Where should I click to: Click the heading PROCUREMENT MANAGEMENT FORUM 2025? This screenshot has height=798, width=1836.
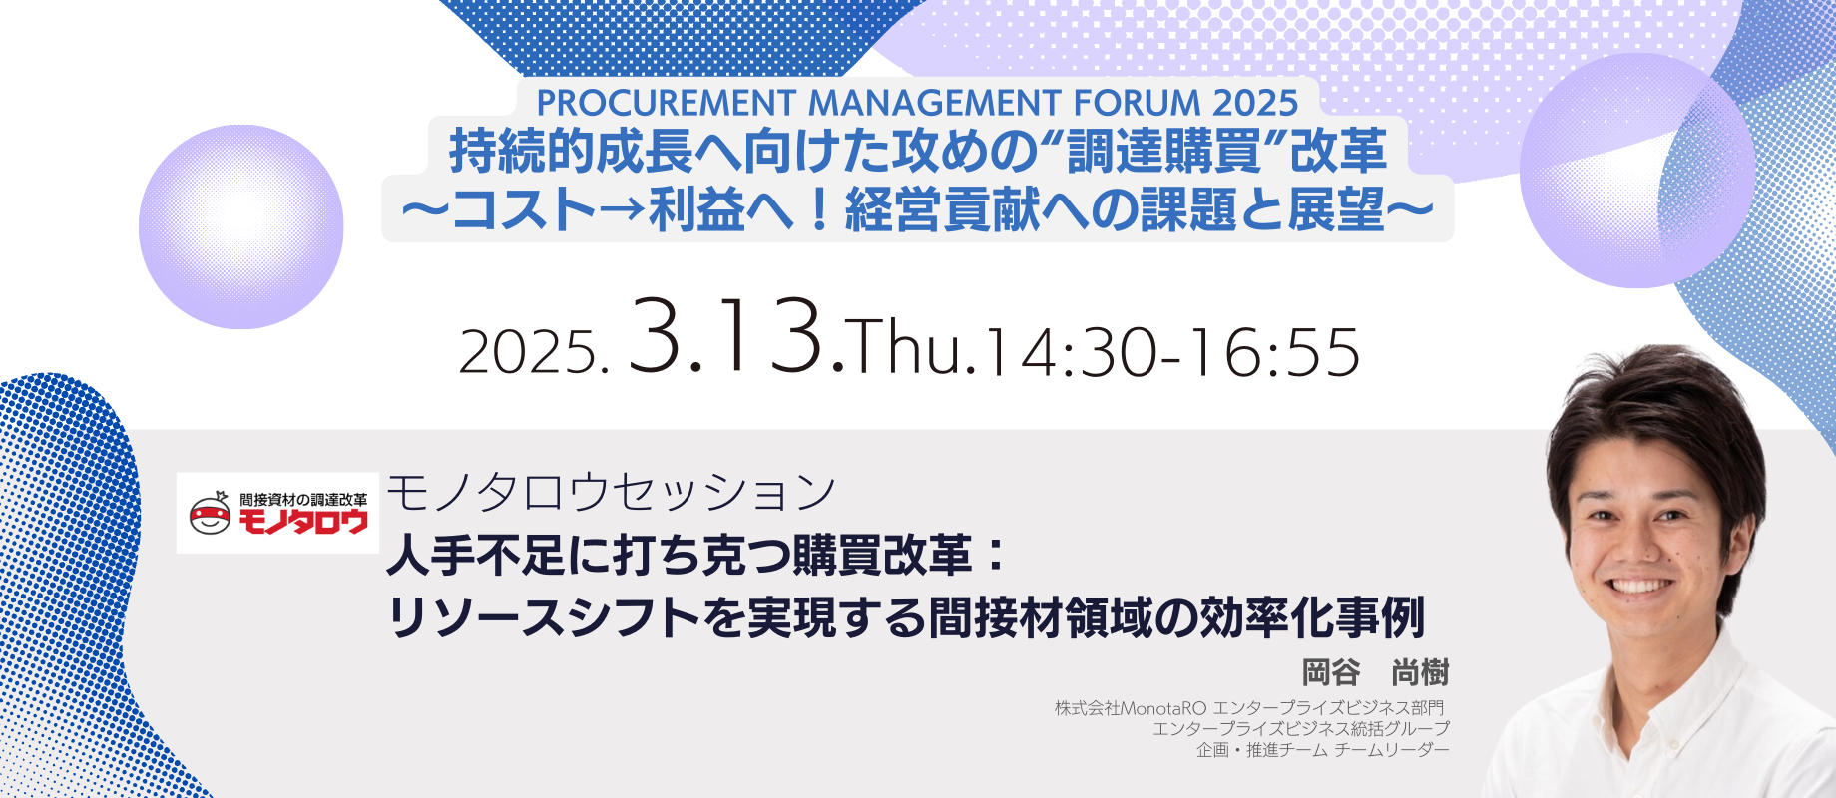coord(917,102)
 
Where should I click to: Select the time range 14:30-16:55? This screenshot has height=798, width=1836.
coord(1171,352)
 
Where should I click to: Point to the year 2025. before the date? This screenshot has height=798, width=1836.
coord(533,353)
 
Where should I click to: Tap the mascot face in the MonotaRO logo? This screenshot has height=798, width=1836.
coord(210,514)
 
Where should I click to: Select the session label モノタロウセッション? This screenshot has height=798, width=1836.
coord(612,492)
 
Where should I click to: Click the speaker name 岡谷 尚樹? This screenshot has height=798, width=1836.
coord(1375,672)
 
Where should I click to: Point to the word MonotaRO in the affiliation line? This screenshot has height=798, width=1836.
coord(1163,708)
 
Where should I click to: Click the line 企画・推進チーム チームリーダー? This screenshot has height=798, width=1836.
coord(1323,749)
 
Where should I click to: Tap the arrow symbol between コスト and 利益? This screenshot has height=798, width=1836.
coord(622,211)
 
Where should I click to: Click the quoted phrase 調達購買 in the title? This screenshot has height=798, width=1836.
coord(1164,152)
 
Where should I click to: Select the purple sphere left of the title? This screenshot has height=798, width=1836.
coord(241,226)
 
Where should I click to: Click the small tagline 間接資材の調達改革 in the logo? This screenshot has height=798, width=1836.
coord(303,499)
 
